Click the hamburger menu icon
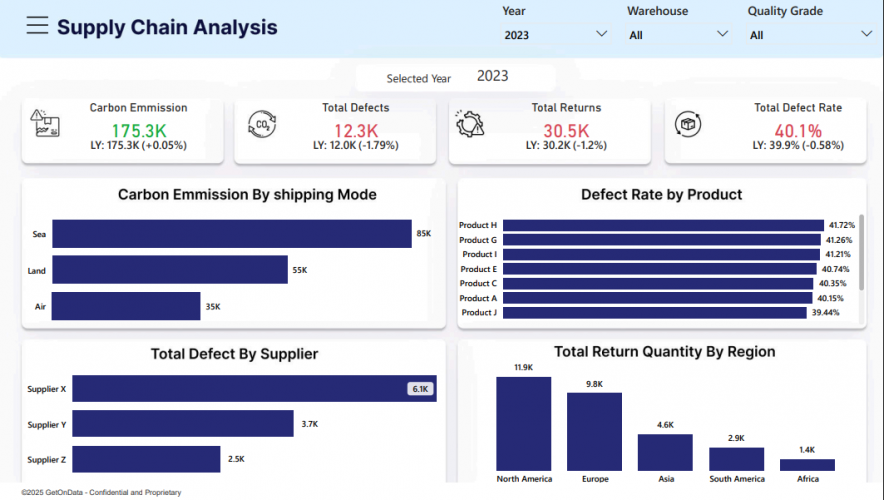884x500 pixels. point(37,26)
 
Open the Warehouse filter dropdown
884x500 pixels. point(678,34)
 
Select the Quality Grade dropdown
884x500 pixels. point(809,34)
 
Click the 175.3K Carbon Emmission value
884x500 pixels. point(139,131)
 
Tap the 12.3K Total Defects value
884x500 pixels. point(355,131)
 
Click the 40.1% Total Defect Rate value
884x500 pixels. point(797,131)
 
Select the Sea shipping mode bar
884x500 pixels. point(231,234)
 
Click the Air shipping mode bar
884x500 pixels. point(125,306)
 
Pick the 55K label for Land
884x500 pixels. point(298,271)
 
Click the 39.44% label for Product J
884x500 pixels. point(825,313)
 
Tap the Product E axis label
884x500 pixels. point(478,269)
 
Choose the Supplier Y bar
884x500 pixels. point(182,424)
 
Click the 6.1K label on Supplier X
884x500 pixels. point(420,389)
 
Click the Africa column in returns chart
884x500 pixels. point(807,465)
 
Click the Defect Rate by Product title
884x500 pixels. point(661,194)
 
